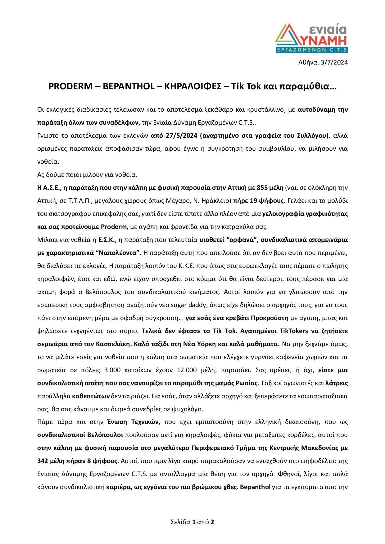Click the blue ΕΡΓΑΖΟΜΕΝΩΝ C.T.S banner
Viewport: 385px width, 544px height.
click(312, 50)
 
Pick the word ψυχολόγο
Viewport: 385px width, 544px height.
click(189, 409)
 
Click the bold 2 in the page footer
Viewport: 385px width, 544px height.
click(212, 522)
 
